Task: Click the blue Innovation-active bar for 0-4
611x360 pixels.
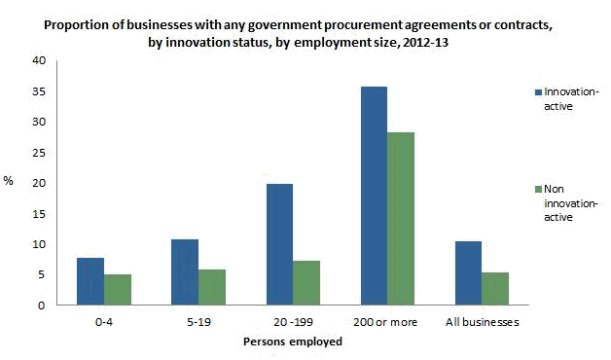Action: (90, 281)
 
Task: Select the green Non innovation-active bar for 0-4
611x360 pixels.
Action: (118, 290)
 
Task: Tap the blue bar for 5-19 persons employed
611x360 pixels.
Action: (185, 272)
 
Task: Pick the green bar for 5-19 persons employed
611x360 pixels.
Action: (212, 287)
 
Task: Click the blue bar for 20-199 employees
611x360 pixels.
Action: (279, 244)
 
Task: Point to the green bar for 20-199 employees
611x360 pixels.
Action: (306, 283)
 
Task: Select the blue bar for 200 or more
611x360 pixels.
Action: (374, 196)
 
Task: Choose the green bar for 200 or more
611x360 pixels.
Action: (401, 219)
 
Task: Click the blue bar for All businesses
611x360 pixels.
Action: (468, 273)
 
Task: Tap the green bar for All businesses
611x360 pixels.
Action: (495, 289)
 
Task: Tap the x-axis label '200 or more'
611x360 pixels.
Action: (386, 321)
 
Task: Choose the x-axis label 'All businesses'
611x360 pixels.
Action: (482, 321)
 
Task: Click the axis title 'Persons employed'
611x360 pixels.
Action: (292, 342)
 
